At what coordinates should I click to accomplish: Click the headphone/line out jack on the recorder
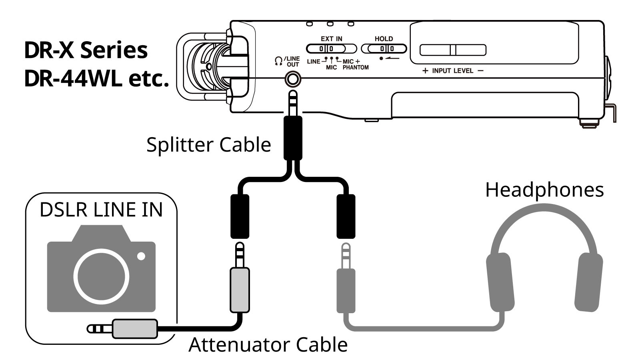pos(293,79)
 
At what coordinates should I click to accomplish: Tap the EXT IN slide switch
pos(331,48)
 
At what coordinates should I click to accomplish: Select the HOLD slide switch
pos(384,48)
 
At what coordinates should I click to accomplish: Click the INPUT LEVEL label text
pos(452,70)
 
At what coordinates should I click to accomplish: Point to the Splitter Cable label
pos(208,144)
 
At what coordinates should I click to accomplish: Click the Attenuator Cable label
pos(268,344)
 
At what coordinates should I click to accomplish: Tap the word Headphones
pos(544,190)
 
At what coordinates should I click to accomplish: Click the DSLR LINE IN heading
pos(101,210)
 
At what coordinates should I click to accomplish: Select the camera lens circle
pos(101,276)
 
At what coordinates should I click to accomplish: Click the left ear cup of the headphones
pos(500,282)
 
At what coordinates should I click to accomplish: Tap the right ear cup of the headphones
pos(588,282)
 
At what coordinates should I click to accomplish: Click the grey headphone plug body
pos(346,290)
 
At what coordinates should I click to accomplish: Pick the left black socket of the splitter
pos(240,216)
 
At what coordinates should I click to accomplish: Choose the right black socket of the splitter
pos(346,216)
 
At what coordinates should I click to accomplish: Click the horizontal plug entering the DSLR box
pos(122,328)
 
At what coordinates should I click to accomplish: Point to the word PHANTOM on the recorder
pos(356,68)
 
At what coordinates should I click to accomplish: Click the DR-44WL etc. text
pos(96,79)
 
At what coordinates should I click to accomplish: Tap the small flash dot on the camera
pos(141,256)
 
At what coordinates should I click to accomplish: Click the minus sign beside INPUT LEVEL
pos(480,70)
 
